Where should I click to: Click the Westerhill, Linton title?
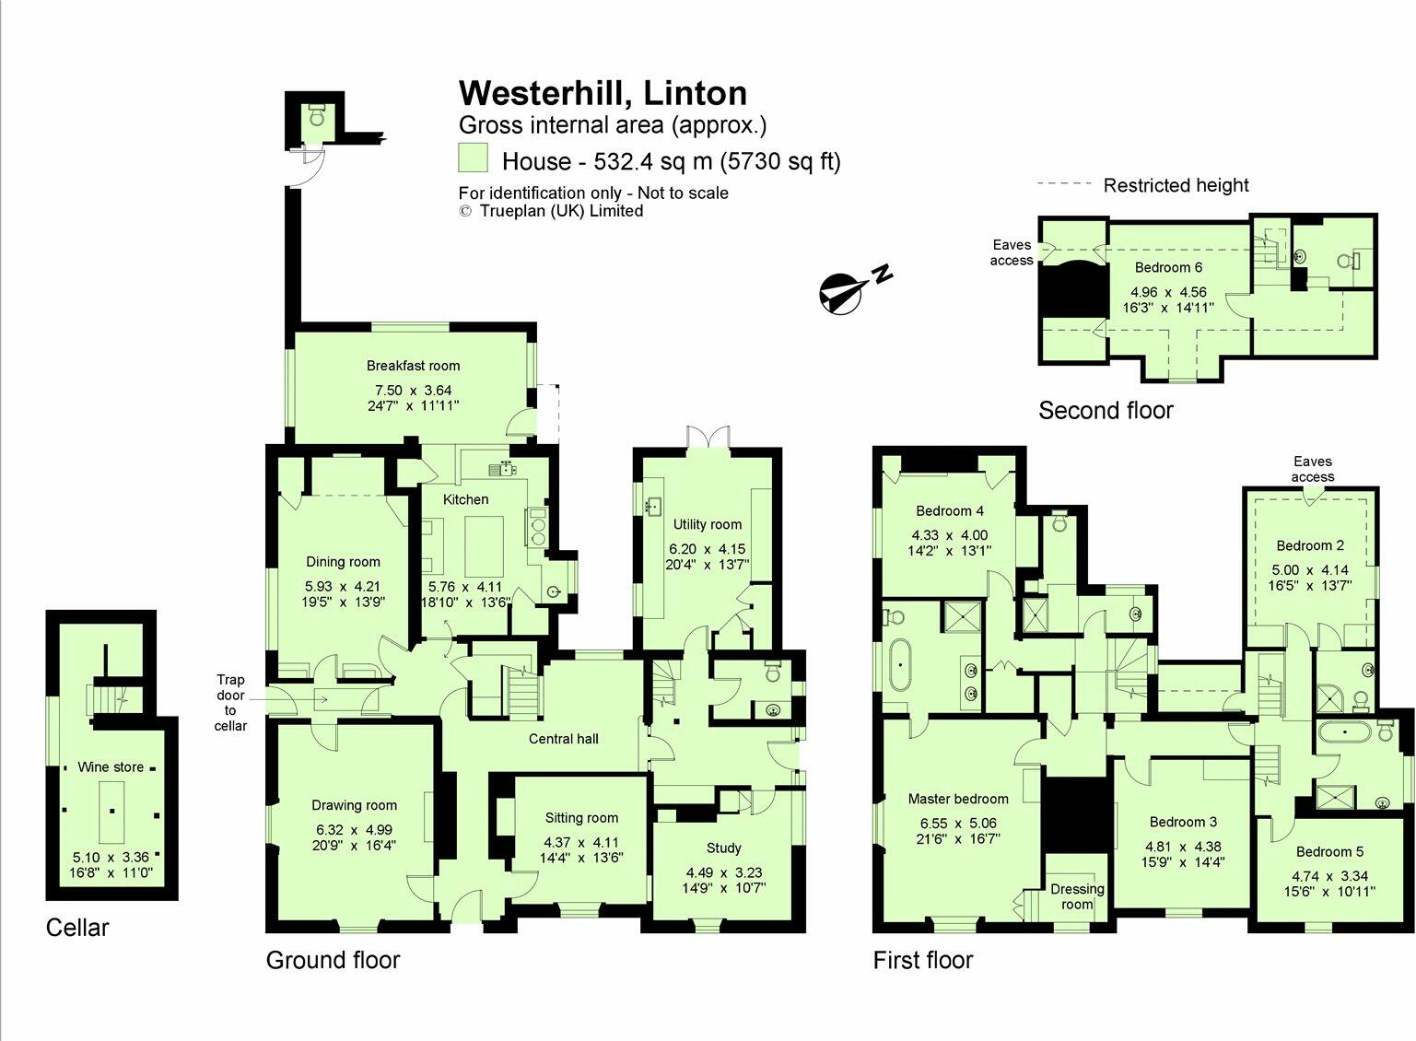603,93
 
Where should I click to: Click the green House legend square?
473,158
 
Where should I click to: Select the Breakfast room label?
413,366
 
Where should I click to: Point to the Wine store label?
111,766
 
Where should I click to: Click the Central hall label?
563,739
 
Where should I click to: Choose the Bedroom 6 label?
1168,267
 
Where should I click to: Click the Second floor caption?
1106,411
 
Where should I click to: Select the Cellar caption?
77,928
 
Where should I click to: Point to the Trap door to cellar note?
230,703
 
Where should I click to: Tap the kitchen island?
484,545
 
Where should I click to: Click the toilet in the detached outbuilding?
317,117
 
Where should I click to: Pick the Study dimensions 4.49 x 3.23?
724,872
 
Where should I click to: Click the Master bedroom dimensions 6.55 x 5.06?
957,824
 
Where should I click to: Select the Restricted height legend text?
1176,185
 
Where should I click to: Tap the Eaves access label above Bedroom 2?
1312,469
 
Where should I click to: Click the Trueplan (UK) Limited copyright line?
551,211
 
